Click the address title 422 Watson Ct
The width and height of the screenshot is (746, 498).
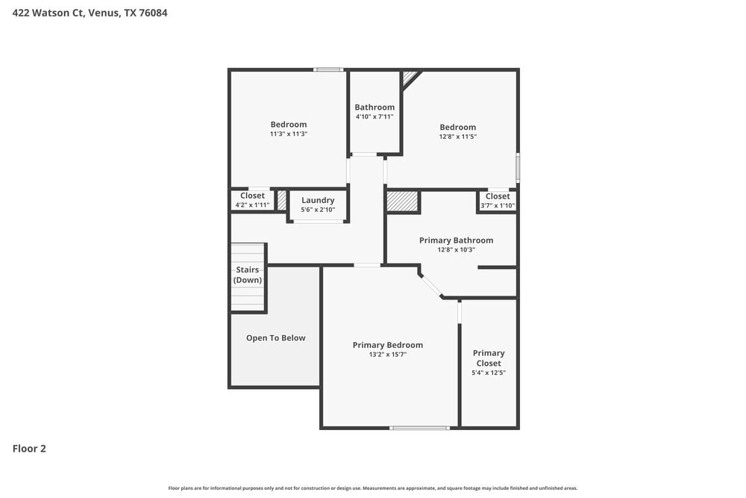coord(90,13)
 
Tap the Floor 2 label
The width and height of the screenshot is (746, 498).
coord(29,449)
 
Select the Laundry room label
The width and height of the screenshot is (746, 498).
coord(318,200)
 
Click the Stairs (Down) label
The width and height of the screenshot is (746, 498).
coord(248,275)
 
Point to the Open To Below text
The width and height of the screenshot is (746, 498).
coord(276,338)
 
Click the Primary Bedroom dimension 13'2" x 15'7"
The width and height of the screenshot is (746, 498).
coord(387,355)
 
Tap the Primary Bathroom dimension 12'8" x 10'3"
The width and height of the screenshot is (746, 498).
coord(456,249)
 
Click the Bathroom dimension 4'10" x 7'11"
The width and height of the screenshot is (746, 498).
coord(374,116)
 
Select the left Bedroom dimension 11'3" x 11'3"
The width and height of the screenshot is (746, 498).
coord(289,134)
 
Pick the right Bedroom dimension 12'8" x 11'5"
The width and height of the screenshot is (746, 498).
coord(457,137)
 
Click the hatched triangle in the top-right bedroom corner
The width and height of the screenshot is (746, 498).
coord(409,77)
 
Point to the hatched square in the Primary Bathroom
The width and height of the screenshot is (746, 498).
coord(402,202)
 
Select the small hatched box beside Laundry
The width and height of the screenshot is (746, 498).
coord(282,200)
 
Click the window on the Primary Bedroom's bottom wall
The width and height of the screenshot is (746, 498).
coord(419,428)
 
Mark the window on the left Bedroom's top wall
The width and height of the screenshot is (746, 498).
coord(328,70)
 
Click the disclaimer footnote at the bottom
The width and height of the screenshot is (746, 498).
coord(373,488)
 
